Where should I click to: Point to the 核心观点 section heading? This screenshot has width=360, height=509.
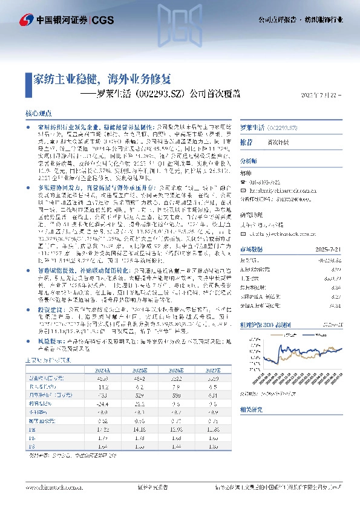(38, 113)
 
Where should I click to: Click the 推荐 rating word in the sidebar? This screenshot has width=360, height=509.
(247, 142)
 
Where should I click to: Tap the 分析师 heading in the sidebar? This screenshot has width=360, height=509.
(249, 161)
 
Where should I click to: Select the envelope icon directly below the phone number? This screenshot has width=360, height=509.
(244, 187)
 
